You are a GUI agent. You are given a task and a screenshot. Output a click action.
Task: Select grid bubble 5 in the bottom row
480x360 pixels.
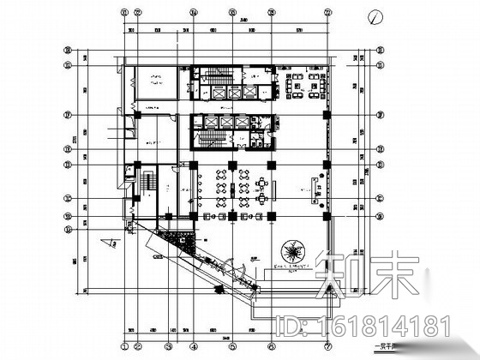(232, 348)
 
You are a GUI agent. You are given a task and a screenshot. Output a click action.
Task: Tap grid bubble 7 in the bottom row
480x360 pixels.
(328, 348)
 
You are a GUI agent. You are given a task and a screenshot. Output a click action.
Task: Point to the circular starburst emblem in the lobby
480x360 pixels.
(293, 251)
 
